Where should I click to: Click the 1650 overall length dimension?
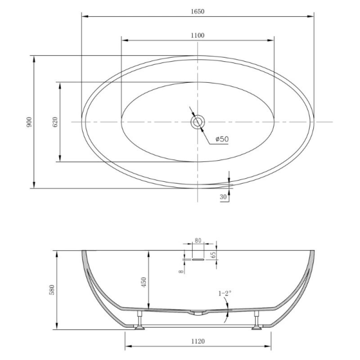198,11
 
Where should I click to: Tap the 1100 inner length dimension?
198,36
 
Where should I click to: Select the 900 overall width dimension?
29,122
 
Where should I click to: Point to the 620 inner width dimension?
55,122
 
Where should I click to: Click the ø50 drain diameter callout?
222,139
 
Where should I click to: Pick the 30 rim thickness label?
223,197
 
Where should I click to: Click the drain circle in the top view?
198,122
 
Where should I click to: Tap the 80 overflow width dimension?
198,240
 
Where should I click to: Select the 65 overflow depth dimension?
213,255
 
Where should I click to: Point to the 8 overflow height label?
181,271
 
